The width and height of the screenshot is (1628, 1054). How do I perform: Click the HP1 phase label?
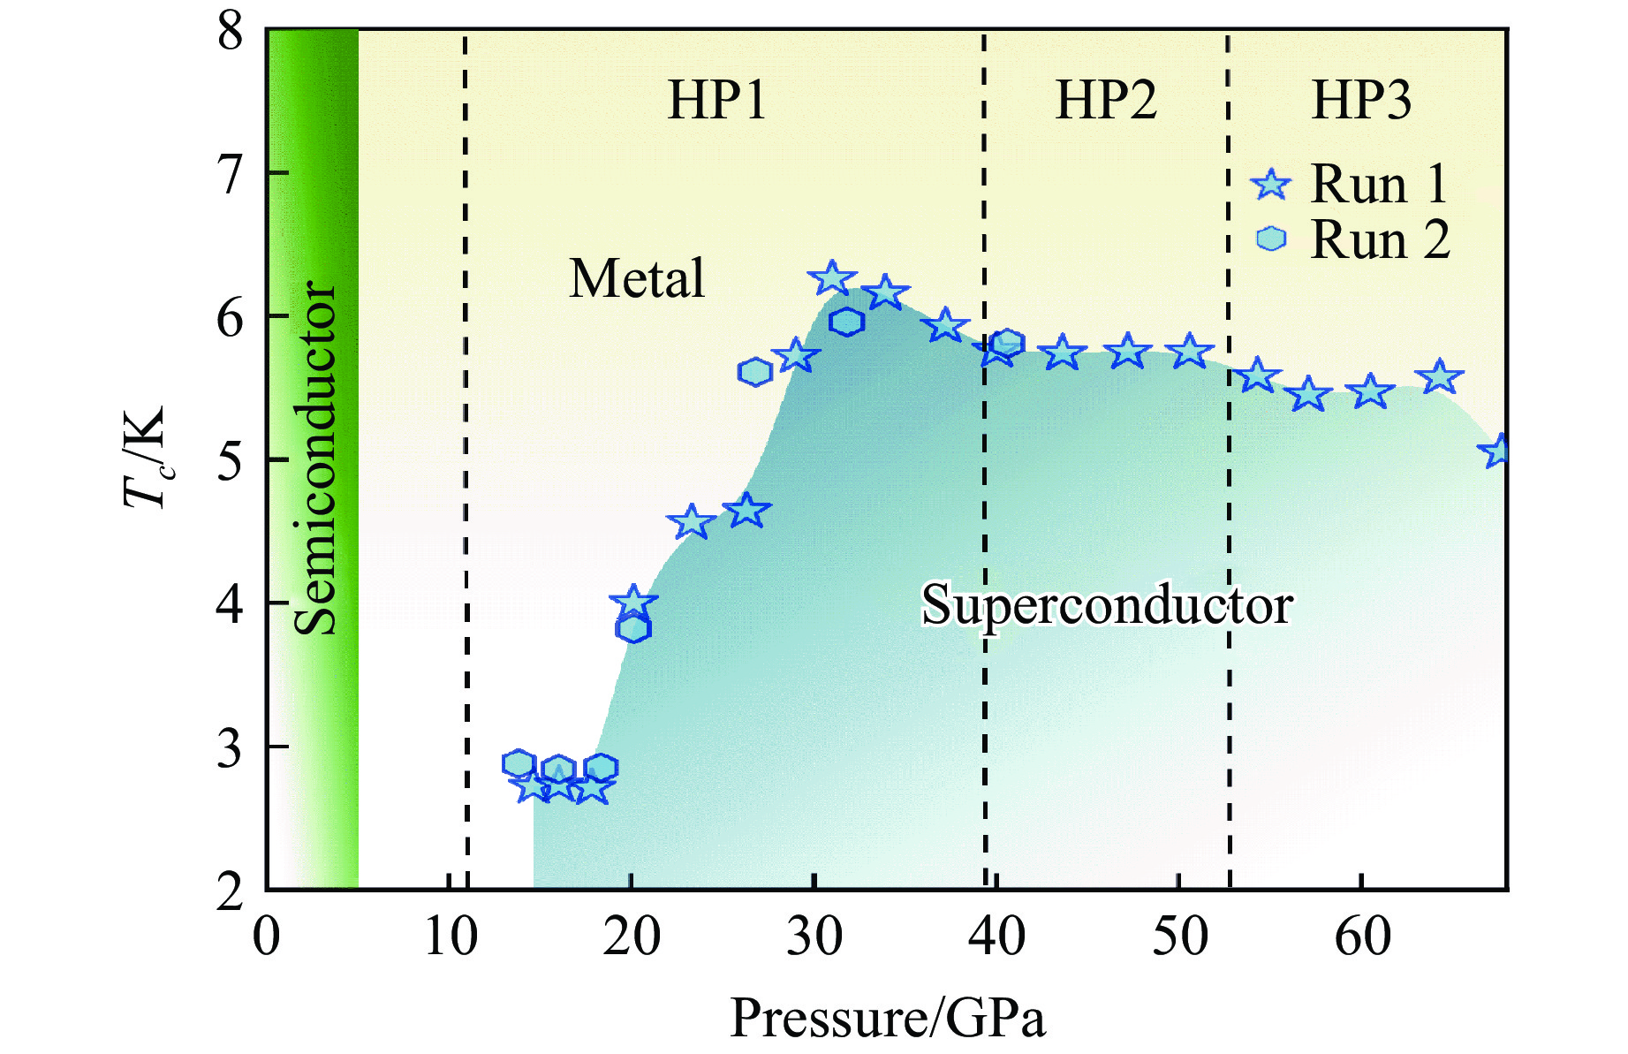[x=716, y=100]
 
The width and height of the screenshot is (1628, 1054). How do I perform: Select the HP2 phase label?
[x=1106, y=100]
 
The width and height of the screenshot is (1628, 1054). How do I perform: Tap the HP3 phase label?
[x=1361, y=100]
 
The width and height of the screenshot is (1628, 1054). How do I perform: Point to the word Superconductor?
[x=1107, y=606]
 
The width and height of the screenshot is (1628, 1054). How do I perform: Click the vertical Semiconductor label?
[x=315, y=459]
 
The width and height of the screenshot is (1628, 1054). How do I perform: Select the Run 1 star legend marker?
[x=1271, y=185]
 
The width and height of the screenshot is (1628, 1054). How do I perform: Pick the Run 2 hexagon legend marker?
[x=1271, y=239]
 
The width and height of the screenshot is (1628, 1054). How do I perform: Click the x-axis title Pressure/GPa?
[x=888, y=1018]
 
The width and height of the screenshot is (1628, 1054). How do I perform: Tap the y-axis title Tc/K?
[x=145, y=459]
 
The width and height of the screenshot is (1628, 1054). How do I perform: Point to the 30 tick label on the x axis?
[x=814, y=936]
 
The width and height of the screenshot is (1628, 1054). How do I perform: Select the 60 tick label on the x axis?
[x=1362, y=936]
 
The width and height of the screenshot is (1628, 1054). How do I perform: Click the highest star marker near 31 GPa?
[x=832, y=278]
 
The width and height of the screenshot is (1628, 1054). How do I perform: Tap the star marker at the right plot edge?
[x=1497, y=451]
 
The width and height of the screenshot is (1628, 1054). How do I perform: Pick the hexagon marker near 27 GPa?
[x=754, y=373]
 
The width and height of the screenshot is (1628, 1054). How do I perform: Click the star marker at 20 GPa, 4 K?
[x=633, y=603]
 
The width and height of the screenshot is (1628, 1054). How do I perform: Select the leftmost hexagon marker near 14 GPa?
[x=519, y=763]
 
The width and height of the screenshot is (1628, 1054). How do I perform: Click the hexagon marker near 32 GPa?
[x=846, y=322]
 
